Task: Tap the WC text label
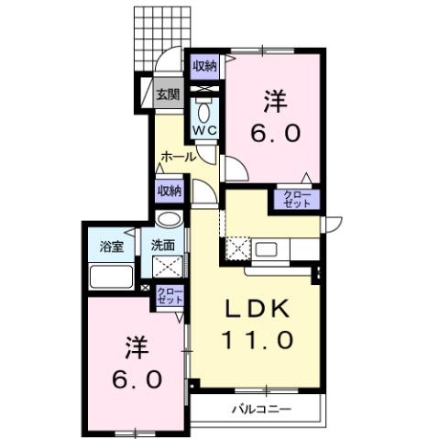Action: [204, 130]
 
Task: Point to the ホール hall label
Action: [177, 157]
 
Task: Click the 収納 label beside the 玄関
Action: [204, 65]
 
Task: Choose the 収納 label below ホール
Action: [169, 191]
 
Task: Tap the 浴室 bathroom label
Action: [112, 247]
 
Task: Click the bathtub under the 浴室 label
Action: [111, 277]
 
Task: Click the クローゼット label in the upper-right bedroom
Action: [293, 199]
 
